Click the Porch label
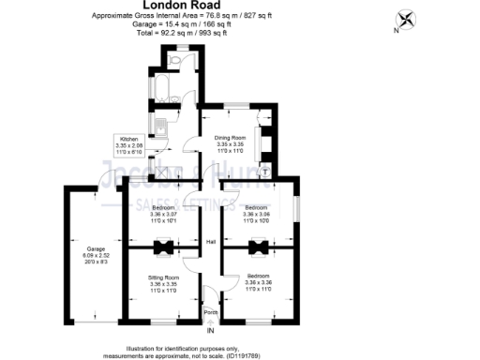(211, 311)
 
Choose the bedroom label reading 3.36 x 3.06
(257, 212)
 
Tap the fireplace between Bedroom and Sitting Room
(164, 247)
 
